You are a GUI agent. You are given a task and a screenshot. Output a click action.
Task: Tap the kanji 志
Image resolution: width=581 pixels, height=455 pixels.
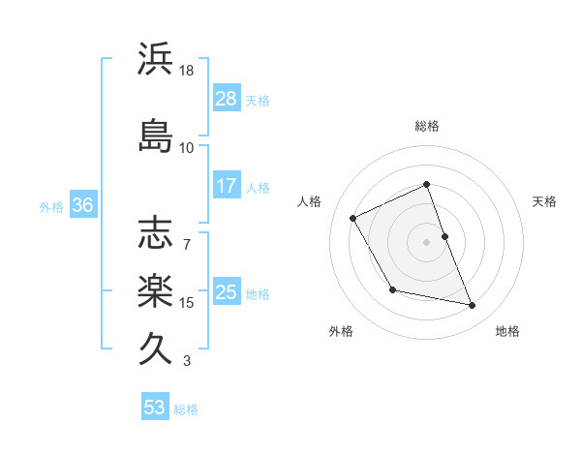156,233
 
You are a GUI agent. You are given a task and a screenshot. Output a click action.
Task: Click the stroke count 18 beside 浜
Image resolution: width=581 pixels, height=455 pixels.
187,71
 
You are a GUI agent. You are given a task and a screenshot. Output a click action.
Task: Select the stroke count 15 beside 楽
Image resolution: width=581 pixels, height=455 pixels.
187,303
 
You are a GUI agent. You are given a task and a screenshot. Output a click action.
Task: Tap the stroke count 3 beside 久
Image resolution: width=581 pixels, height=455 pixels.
187,361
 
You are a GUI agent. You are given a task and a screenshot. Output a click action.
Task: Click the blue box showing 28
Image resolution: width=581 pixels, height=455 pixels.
227,99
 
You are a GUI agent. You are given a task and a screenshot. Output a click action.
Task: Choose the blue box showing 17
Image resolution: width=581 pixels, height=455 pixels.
227,186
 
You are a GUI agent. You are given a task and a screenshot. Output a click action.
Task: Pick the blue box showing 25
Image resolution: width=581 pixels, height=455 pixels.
227,292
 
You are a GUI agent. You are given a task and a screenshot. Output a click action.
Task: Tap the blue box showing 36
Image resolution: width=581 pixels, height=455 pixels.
82,205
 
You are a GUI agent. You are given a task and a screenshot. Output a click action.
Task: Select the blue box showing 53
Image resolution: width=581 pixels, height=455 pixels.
155,408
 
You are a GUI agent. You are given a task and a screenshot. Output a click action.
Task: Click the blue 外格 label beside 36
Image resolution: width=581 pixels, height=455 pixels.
51,206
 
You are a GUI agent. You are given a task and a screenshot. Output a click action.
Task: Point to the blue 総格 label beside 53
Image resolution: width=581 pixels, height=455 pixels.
187,409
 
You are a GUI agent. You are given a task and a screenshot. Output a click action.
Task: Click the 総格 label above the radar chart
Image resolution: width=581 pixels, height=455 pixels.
427,126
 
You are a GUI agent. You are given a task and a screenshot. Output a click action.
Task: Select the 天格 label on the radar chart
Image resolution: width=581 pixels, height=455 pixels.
544,201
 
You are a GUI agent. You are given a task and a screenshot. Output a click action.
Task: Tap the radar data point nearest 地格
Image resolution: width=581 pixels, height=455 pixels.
473,306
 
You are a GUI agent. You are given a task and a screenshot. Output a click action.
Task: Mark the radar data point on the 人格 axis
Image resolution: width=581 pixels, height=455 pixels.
353,218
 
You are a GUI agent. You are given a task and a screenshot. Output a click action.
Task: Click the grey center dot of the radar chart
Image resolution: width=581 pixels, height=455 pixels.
427,242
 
